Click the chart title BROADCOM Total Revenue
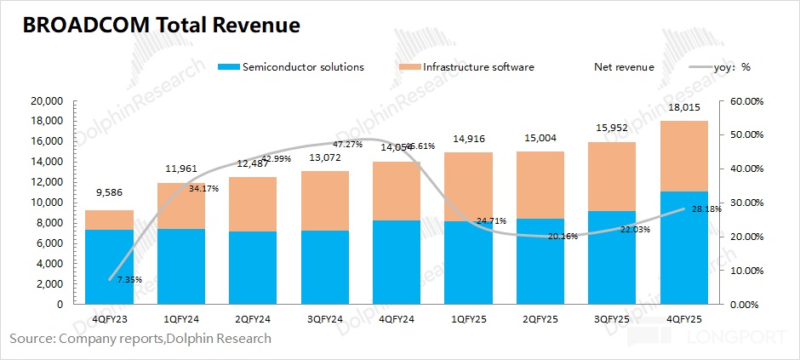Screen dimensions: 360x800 161,26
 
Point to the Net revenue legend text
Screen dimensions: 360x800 624,66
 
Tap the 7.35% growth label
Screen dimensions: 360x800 129,279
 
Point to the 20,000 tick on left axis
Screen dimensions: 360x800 47,100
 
